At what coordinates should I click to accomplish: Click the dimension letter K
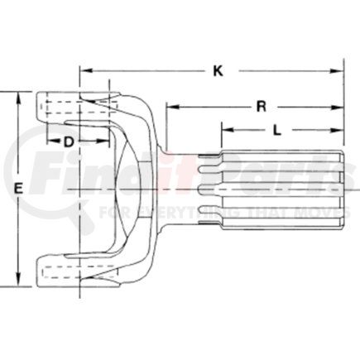point(218,71)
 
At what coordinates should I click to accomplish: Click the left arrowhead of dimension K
point(84,71)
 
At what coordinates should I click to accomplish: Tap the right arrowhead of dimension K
point(339,71)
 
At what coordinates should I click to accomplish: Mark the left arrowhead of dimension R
point(170,106)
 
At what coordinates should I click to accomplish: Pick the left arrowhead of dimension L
point(225,129)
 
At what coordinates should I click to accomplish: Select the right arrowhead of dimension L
point(339,129)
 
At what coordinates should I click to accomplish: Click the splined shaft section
point(273,189)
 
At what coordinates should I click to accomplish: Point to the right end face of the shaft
point(342,189)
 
